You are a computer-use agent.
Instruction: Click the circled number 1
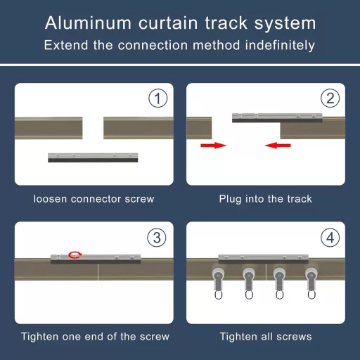point(157,100)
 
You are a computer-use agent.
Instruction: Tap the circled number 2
point(329,100)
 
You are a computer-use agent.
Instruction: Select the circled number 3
point(157,238)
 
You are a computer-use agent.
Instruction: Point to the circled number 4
point(329,238)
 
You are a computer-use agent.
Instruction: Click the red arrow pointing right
point(213,146)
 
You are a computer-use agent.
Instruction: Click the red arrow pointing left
point(278,146)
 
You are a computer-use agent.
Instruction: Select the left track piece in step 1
point(49,127)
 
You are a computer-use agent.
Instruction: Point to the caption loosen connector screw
point(94,199)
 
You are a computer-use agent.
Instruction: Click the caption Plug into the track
point(265,199)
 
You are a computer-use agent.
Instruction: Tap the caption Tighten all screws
point(265,337)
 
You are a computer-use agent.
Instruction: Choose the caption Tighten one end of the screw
point(94,337)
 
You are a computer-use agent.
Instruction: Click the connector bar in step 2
point(277,116)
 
